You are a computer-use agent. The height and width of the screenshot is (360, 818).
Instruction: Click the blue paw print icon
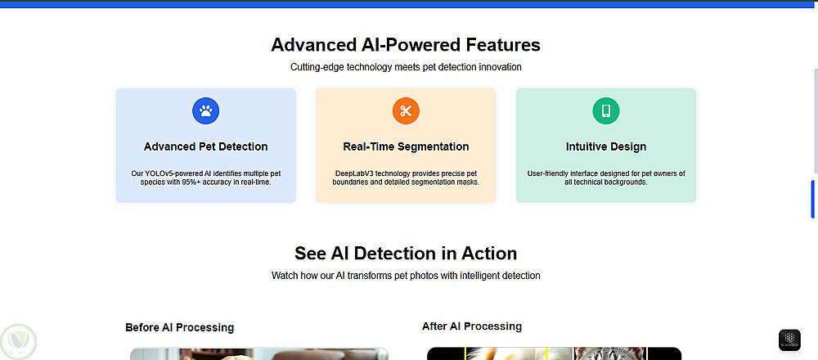pyautogui.click(x=205, y=111)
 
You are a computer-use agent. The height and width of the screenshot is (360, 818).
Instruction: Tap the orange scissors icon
pyautogui.click(x=406, y=111)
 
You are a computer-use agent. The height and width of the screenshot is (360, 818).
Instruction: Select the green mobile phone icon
pyautogui.click(x=606, y=111)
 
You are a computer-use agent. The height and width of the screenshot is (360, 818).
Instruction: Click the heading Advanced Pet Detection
pyautogui.click(x=205, y=146)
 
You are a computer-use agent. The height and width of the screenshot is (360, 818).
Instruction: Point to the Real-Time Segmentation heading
pyautogui.click(x=406, y=146)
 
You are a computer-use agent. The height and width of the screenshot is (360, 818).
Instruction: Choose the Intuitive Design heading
pyautogui.click(x=606, y=146)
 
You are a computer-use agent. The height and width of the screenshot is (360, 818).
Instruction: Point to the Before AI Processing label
pyautogui.click(x=179, y=327)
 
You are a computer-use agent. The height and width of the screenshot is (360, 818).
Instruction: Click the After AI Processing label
pyautogui.click(x=472, y=326)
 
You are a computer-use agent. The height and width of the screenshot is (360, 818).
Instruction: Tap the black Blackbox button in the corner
pyautogui.click(x=789, y=340)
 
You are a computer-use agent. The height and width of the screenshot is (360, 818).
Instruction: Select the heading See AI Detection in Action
pyautogui.click(x=406, y=253)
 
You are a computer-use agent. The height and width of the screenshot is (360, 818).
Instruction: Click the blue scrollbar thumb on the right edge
pyautogui.click(x=812, y=199)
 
